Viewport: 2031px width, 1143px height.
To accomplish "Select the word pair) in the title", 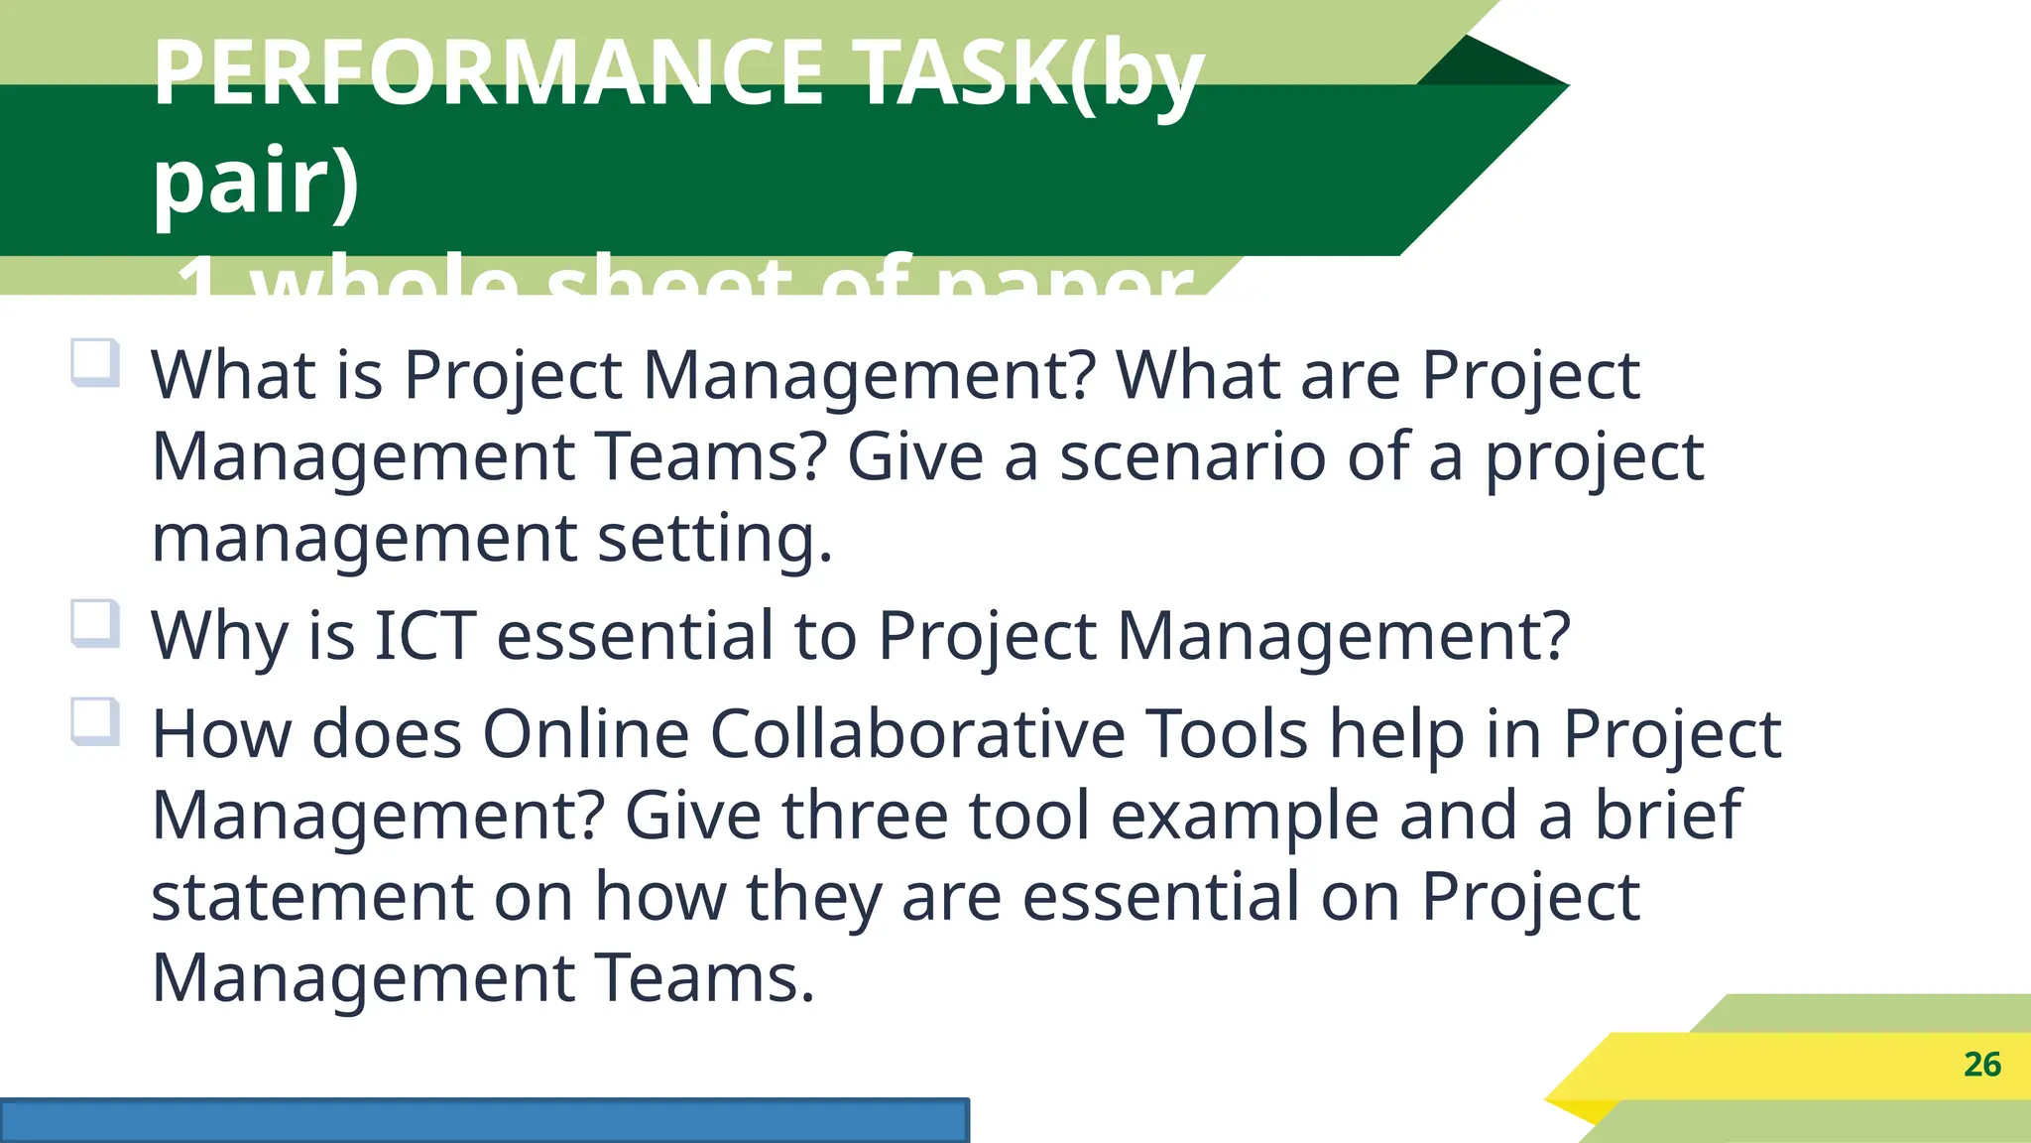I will tap(256, 181).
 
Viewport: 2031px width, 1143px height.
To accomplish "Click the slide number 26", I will tap(1981, 1065).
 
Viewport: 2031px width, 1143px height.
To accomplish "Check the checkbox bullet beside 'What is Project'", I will tap(95, 362).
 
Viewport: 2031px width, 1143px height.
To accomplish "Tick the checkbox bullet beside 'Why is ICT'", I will tap(95, 623).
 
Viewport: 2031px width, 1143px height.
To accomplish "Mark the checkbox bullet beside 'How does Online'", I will tap(95, 721).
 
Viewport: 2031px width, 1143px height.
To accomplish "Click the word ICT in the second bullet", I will tap(424, 635).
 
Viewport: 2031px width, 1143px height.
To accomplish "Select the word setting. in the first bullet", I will tap(714, 538).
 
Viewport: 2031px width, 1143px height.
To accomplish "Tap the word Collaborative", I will tap(917, 734).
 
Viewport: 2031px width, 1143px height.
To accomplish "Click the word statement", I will tap(311, 897).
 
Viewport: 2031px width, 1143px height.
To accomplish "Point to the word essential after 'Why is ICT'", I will tap(635, 635).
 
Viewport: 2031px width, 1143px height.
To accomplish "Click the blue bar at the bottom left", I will tap(484, 1121).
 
